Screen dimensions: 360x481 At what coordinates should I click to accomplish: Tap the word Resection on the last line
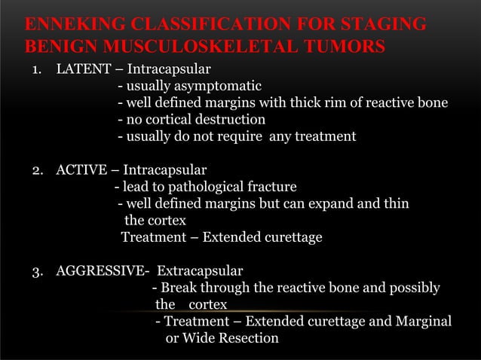tap(248, 338)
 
